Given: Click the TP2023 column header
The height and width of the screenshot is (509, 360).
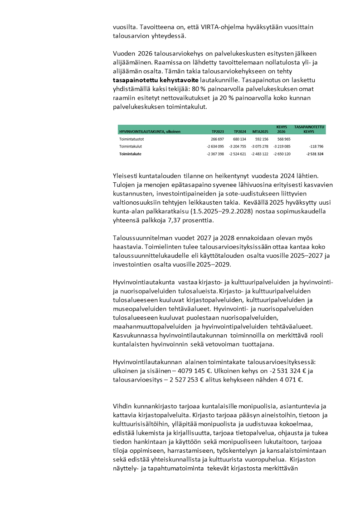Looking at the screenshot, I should click(x=218, y=131).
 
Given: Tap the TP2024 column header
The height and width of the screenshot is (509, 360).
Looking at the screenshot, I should click(x=239, y=131).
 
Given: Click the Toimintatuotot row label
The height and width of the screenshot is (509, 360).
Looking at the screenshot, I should click(x=131, y=139).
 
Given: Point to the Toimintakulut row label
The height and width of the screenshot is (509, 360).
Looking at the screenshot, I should click(x=131, y=147).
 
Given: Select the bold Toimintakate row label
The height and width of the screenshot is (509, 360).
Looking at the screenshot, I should click(x=131, y=154).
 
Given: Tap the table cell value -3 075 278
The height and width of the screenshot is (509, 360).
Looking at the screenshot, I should click(x=258, y=147).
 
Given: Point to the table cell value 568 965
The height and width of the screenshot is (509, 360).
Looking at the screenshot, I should click(x=281, y=139).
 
